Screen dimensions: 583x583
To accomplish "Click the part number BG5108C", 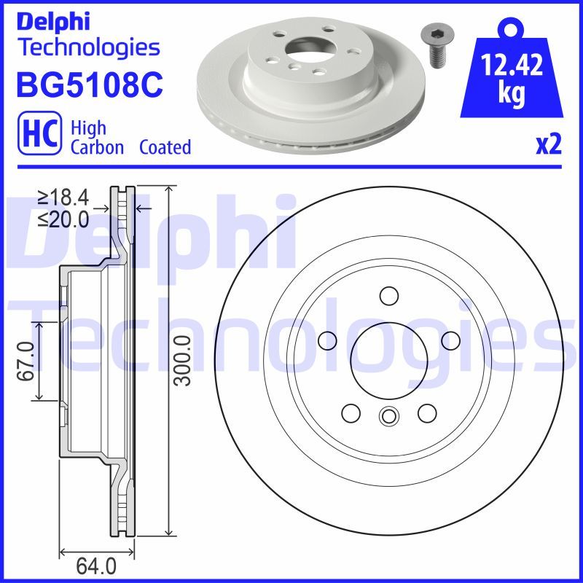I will (x=88, y=84).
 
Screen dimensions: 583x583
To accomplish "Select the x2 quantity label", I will (x=549, y=145).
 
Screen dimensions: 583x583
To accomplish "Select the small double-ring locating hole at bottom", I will (x=388, y=417).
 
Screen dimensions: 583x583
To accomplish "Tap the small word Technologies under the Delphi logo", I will (x=88, y=48).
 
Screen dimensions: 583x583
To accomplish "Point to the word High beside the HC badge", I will (x=88, y=128).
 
